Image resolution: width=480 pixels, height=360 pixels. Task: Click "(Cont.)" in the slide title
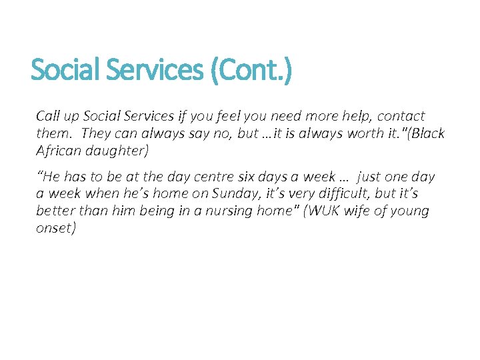tap(250, 70)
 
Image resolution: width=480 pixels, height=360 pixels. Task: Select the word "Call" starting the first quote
tap(48, 116)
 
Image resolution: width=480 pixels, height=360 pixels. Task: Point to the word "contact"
tap(401, 116)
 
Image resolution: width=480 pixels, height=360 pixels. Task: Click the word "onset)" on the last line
tap(56, 228)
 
